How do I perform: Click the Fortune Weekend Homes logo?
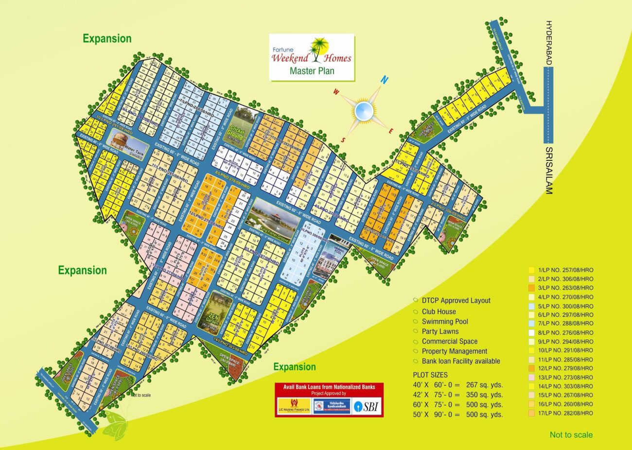click(x=312, y=56)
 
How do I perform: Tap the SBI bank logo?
click(x=367, y=406)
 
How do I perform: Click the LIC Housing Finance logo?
click(x=294, y=406)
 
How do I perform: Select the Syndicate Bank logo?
click(x=332, y=406)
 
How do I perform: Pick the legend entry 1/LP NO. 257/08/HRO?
click(x=565, y=270)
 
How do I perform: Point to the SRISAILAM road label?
click(x=549, y=171)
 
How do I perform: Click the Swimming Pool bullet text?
click(x=444, y=322)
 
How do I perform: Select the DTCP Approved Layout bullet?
click(x=456, y=301)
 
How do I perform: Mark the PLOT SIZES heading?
click(x=430, y=375)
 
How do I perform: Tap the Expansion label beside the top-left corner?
click(x=107, y=39)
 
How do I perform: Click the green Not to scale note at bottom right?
click(x=571, y=435)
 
